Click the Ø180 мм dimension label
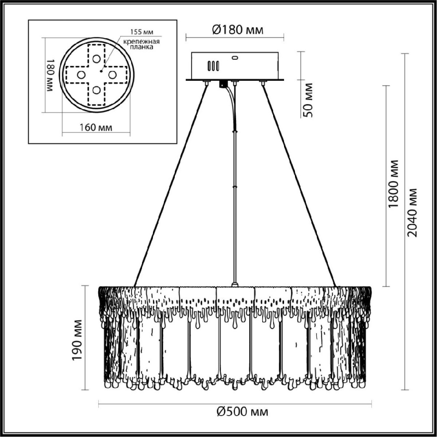237,29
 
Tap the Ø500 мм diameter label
242,411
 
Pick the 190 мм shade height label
77,340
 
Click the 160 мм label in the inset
96,128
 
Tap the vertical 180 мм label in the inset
49,75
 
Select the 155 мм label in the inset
142,32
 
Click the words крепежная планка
142,44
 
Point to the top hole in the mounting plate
97,59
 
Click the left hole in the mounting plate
81,75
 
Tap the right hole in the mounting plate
112,75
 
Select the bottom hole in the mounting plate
97,90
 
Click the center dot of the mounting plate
101,71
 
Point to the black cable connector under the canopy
223,84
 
